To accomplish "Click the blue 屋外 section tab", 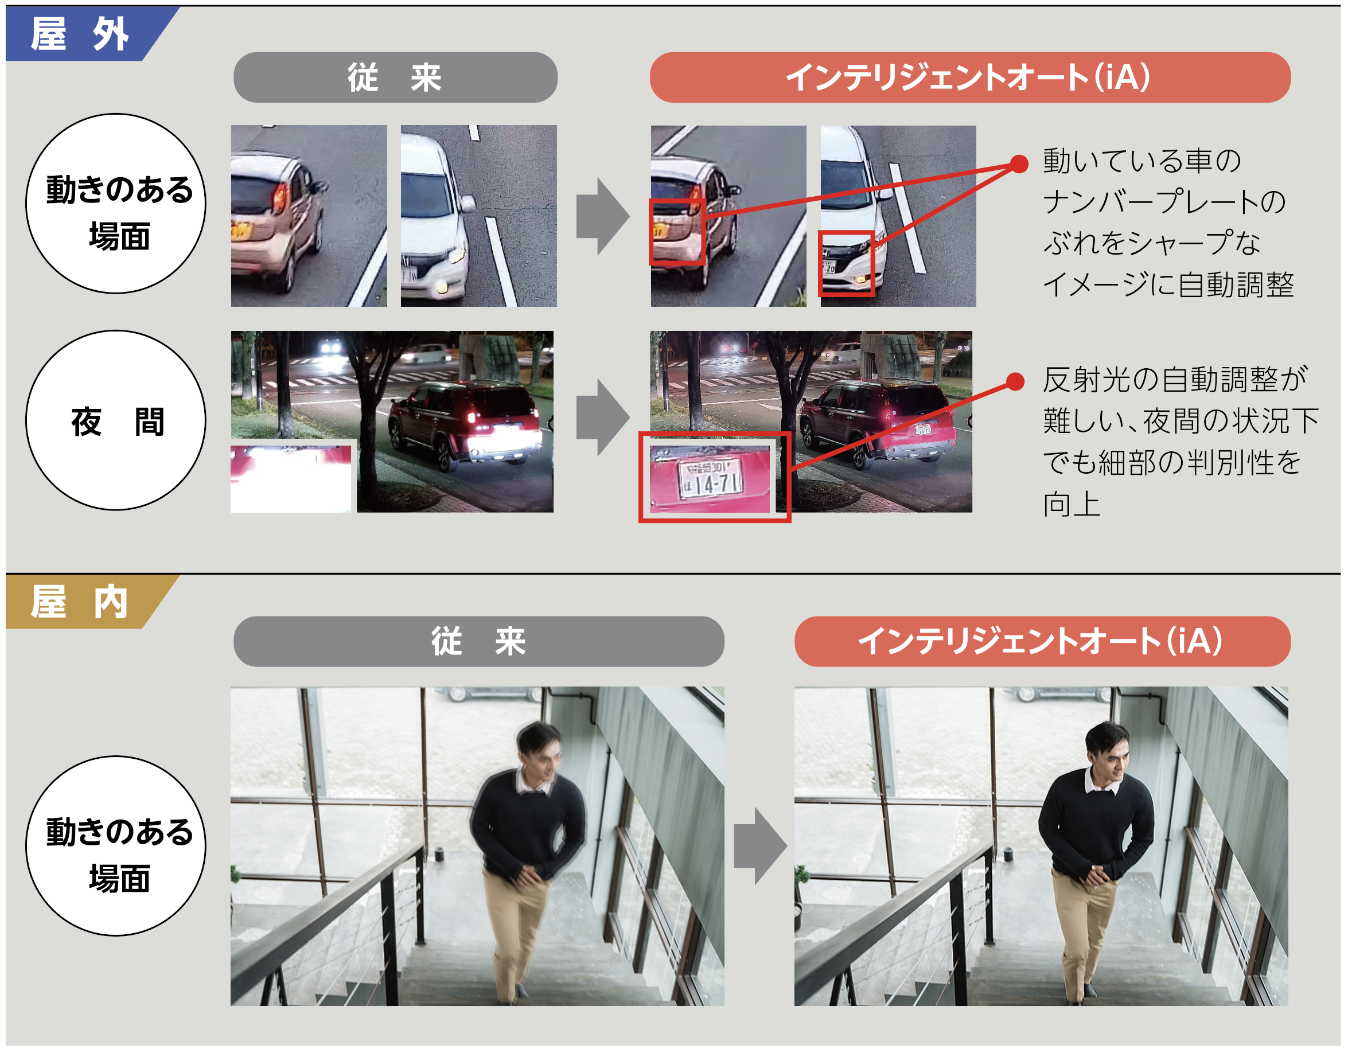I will [x=80, y=33].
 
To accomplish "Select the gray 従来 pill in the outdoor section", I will [x=395, y=77].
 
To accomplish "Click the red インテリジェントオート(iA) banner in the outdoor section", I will [x=969, y=77].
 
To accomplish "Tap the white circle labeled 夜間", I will [x=116, y=420].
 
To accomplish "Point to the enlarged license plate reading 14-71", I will [x=710, y=479].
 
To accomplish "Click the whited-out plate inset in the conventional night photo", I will [x=290, y=479].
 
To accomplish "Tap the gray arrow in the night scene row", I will [x=602, y=418].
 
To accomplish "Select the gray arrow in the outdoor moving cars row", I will [x=602, y=217].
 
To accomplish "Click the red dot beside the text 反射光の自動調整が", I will [x=1015, y=381].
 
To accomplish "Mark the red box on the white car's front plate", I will [x=846, y=264].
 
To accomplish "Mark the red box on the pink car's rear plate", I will [x=676, y=232].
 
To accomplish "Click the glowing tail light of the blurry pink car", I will [x=279, y=197].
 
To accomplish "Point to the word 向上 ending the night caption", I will [x=1072, y=504].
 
